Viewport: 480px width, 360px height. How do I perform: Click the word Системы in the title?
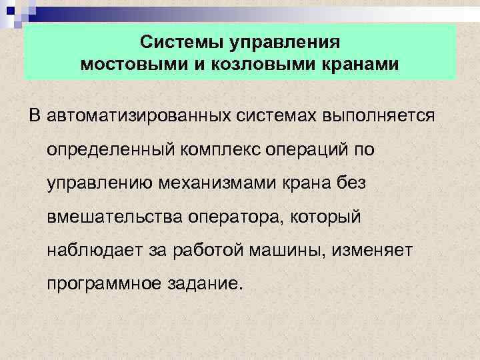pos(182,43)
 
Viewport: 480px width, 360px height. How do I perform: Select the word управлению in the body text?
pos(100,183)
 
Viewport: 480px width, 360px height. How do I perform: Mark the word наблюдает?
pos(90,251)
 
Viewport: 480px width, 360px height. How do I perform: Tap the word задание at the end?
pos(204,284)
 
